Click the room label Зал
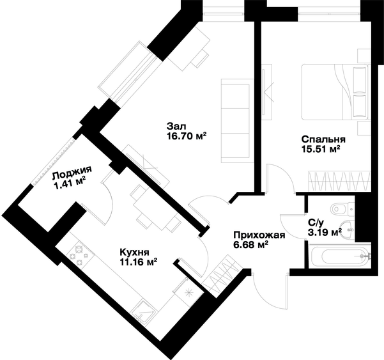(176, 127)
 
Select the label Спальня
(323, 139)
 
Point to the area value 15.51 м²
(321, 149)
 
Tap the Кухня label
(134, 252)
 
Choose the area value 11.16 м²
(139, 262)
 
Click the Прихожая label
(259, 235)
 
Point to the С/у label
(316, 223)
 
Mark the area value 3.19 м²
(325, 232)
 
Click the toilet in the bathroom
(342, 209)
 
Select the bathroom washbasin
(347, 230)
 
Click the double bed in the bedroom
(335, 92)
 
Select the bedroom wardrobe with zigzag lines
(339, 181)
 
